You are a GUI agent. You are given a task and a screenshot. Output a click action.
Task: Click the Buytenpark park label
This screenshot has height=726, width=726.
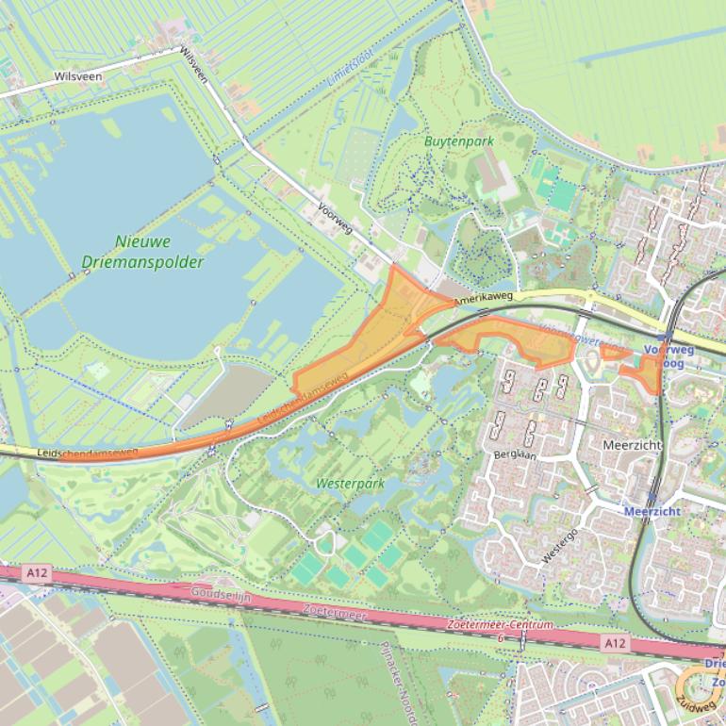coord(459,141)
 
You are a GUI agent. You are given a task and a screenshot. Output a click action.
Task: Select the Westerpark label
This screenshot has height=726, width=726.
coord(351,484)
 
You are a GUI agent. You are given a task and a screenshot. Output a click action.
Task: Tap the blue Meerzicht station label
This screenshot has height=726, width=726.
coord(652,511)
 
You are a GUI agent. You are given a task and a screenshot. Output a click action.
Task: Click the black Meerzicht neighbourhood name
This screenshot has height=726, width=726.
coord(631,444)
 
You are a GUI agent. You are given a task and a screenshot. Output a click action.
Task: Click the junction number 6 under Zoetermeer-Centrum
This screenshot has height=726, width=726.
coord(500,638)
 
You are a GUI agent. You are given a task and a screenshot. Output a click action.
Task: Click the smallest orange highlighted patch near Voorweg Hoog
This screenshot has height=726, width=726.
coord(614,352)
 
